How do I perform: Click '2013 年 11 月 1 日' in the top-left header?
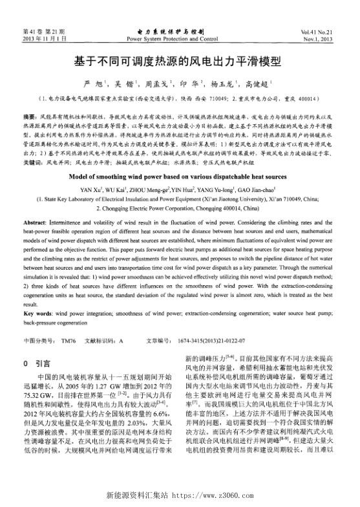click(44, 39)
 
